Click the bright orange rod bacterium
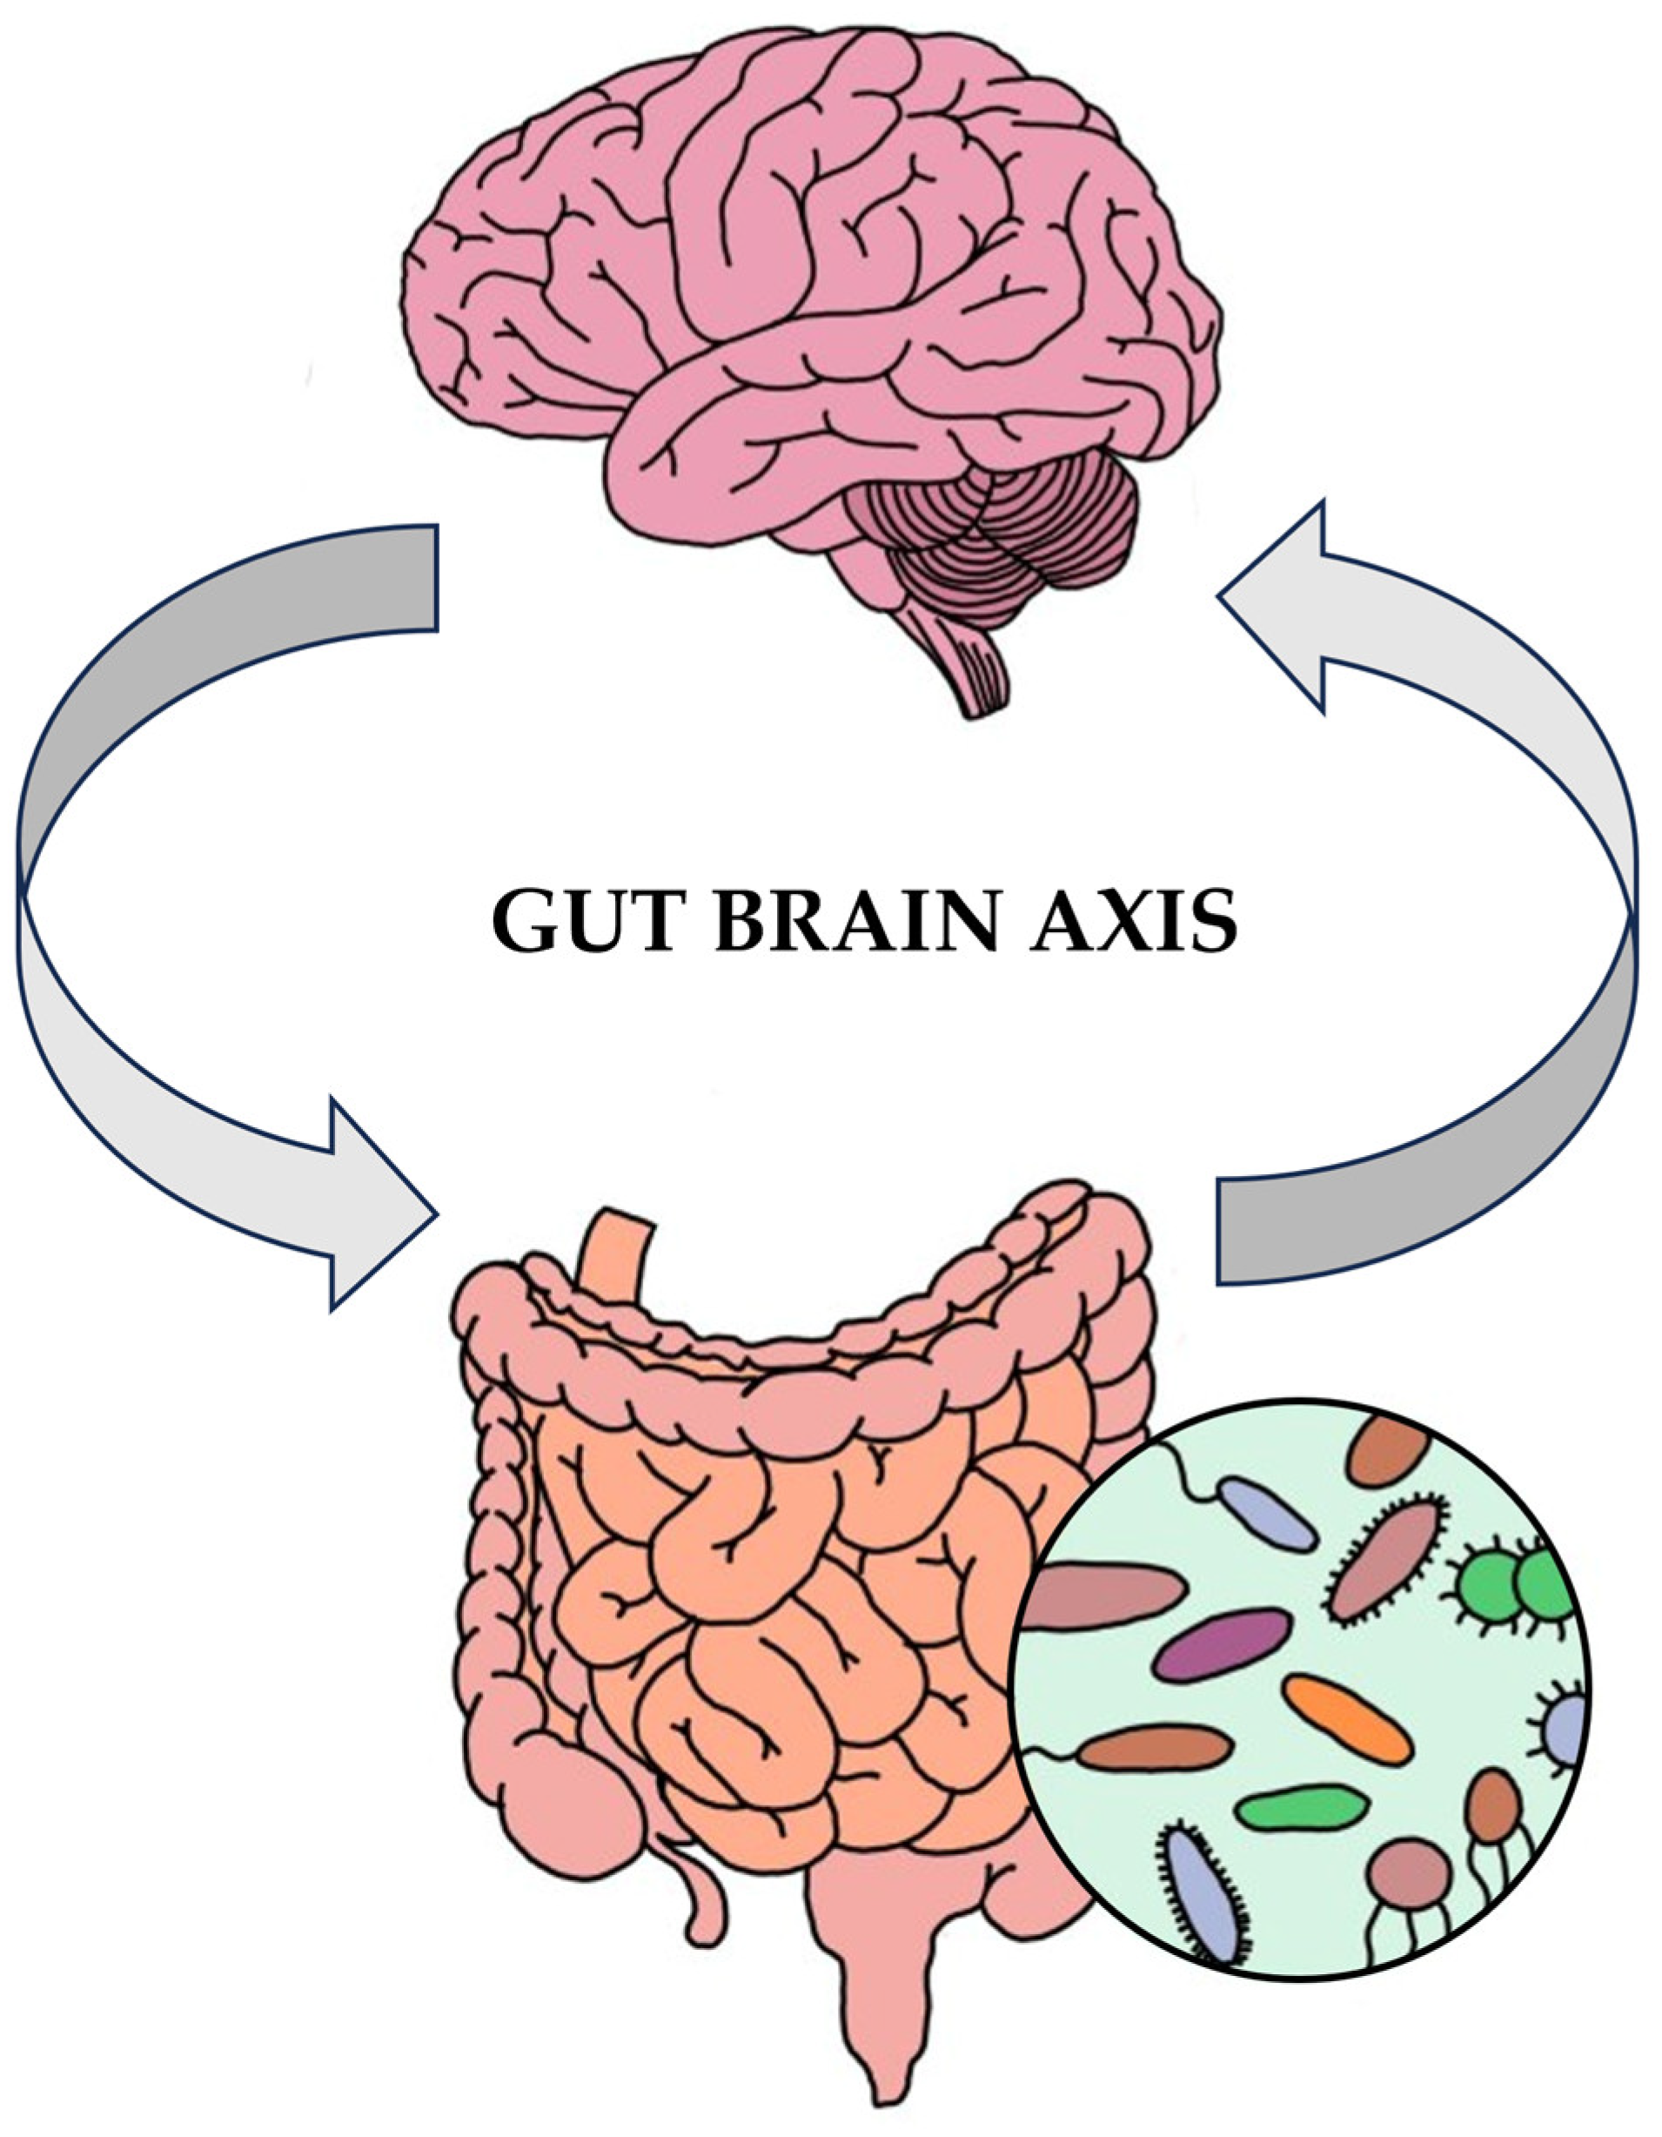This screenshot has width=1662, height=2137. (1347, 1720)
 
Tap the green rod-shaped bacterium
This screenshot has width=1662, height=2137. (1301, 1811)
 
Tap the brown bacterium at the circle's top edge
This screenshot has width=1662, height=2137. (1389, 1453)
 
